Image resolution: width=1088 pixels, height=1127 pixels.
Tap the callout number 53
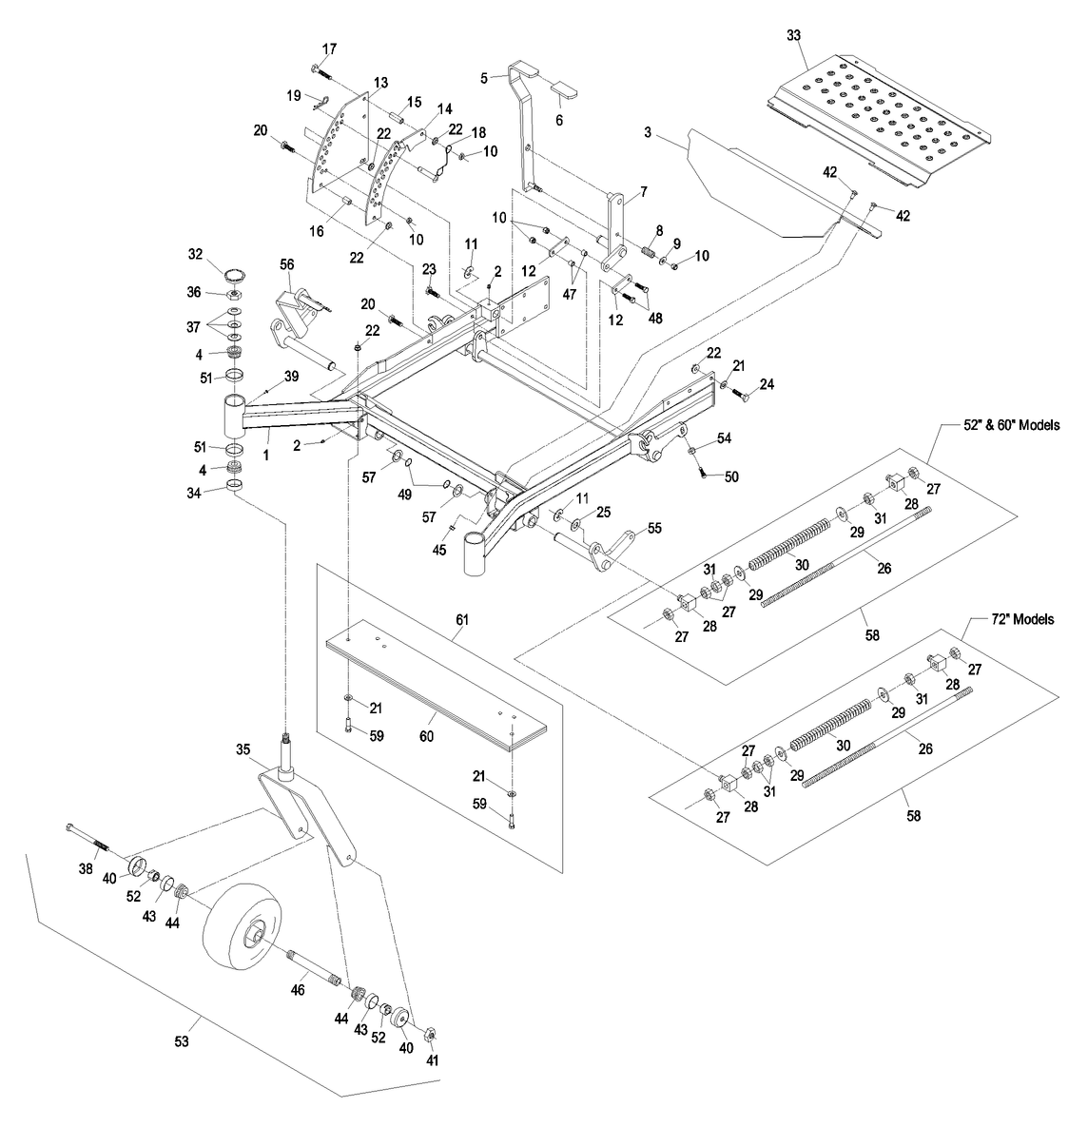182,1040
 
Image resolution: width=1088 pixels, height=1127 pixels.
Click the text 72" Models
1022,619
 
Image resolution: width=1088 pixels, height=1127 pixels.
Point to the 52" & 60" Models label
1011,425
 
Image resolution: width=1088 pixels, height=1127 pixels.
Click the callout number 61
462,619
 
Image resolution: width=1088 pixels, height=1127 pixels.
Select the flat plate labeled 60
435,686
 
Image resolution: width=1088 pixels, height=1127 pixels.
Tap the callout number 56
286,264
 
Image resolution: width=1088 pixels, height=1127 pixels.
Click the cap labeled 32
235,275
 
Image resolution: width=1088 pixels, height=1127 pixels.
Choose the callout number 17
329,49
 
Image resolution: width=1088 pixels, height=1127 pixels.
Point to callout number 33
793,35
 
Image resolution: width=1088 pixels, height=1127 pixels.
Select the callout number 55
654,528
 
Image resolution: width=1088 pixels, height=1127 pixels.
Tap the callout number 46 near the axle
298,990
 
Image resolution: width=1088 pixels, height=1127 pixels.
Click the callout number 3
648,132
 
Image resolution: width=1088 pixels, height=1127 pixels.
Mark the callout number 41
432,1059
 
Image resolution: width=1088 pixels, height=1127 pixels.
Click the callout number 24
767,384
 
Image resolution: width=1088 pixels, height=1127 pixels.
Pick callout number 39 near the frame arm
291,376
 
